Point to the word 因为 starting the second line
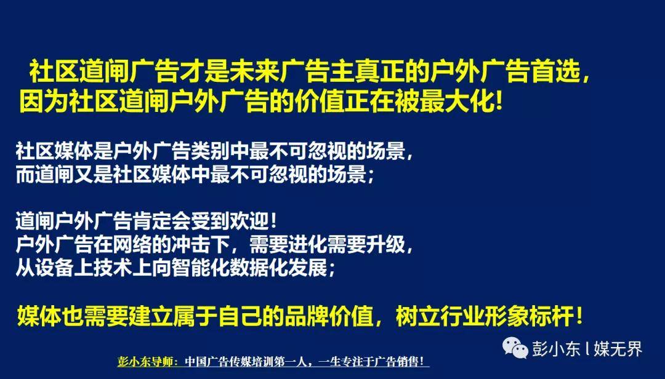tap(44, 102)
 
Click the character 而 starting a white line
tap(25, 174)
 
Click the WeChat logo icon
tap(515, 348)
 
